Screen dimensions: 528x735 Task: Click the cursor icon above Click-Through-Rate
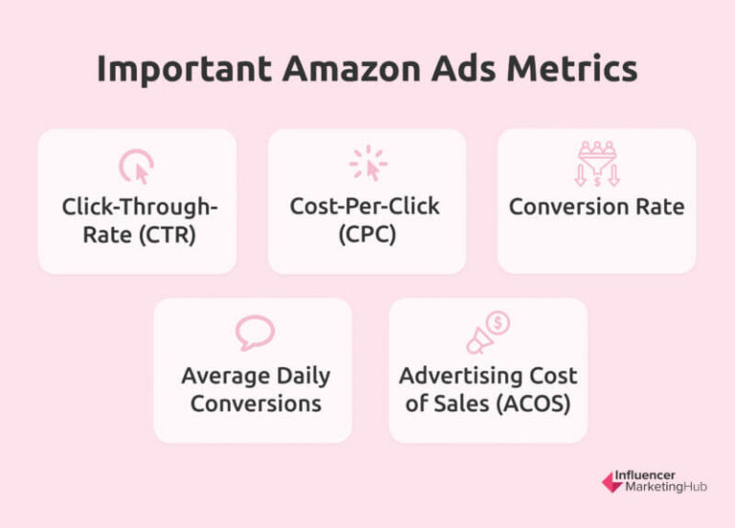(137, 166)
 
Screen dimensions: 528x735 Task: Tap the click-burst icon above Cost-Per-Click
(367, 164)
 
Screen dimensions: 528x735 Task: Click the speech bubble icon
(254, 333)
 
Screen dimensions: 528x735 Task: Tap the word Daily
(294, 375)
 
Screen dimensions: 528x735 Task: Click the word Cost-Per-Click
(367, 207)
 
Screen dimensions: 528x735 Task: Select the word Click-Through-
(138, 207)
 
